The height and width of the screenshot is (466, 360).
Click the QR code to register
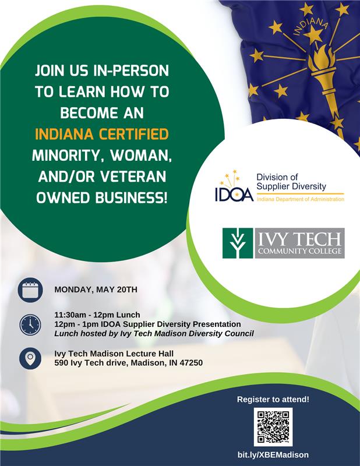pos(273,428)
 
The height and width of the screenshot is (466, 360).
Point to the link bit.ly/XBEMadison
pos(273,454)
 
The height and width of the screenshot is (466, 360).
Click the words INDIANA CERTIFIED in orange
pos(102,135)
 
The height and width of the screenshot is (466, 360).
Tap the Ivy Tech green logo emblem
pos(237,243)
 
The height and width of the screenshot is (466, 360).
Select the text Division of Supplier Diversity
pos(291,182)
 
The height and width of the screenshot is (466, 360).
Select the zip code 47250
pos(190,363)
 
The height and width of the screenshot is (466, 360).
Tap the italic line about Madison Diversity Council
pos(154,334)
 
